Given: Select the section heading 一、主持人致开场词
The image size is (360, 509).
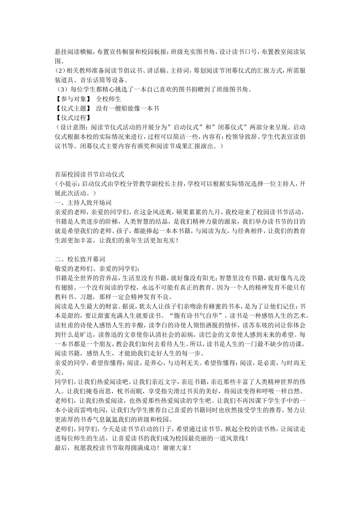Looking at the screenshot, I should pyautogui.click(x=83, y=203).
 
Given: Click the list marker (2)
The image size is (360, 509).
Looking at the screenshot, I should pyautogui.click(x=60, y=71).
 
